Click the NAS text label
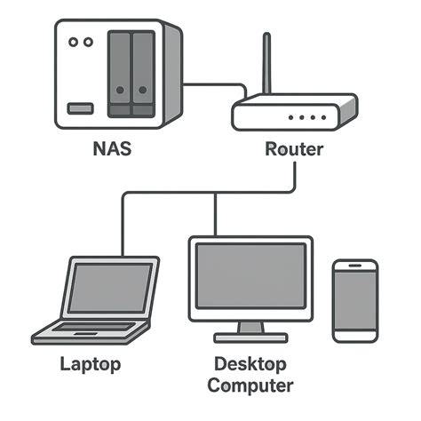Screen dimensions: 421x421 [x=112, y=148]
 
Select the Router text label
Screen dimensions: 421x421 [x=294, y=148]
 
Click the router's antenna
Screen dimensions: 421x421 [x=266, y=67]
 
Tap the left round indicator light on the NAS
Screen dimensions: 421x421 [x=73, y=41]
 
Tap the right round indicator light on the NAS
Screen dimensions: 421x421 [x=88, y=41]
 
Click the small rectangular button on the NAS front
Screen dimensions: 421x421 [x=80, y=107]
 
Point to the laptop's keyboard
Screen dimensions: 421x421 [x=90, y=330]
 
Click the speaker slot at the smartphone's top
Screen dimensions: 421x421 [x=355, y=266]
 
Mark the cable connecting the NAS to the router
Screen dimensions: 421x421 [x=213, y=85]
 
